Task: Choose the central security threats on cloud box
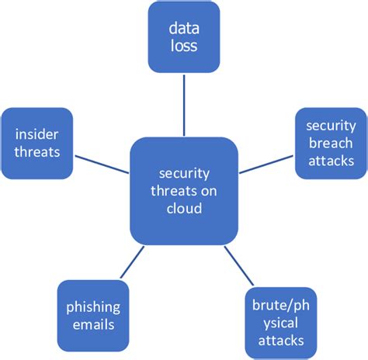click(183, 191)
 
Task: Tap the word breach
click(331, 144)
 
